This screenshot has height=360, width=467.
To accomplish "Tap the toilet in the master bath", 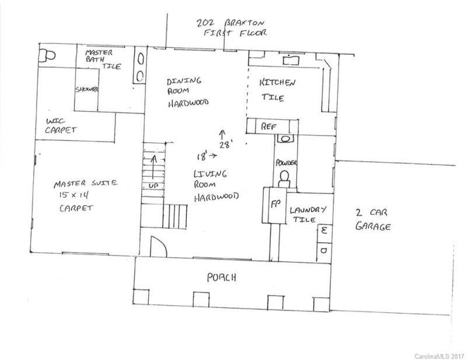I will (x=47, y=55).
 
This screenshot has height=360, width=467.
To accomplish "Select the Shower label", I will (x=86, y=90).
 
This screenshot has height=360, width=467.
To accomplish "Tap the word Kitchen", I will (x=278, y=83).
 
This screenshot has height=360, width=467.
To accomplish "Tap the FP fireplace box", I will (x=274, y=205).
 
